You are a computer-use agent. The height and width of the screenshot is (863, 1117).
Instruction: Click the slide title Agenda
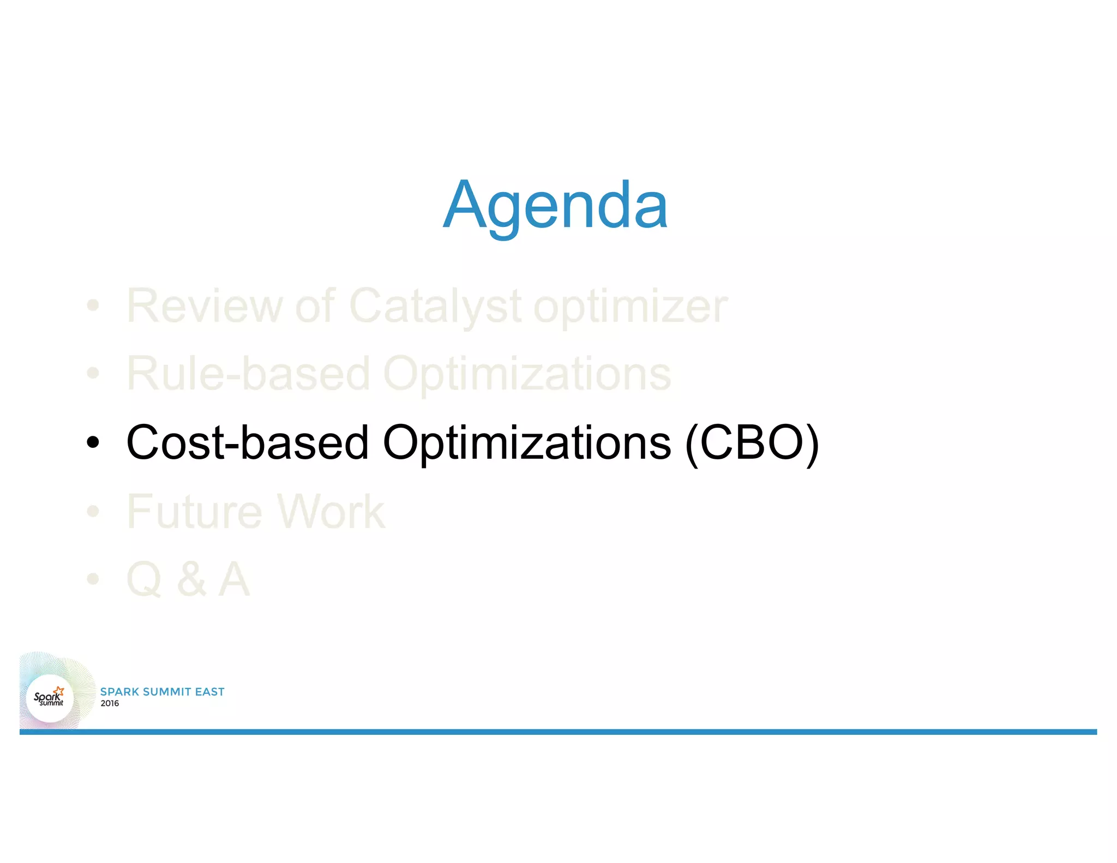(x=555, y=206)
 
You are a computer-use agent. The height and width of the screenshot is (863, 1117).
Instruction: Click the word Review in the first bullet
(x=204, y=306)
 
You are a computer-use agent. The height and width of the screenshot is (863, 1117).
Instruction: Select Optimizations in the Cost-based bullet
(x=527, y=444)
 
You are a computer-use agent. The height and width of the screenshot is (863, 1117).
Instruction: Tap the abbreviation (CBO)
(x=752, y=444)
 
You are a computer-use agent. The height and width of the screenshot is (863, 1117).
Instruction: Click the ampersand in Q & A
(x=191, y=579)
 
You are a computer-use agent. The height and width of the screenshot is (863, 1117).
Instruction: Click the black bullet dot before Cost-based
(x=93, y=442)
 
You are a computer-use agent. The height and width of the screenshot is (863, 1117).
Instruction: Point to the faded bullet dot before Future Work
(x=93, y=511)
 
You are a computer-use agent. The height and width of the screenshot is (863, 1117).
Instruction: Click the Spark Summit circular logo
(x=50, y=698)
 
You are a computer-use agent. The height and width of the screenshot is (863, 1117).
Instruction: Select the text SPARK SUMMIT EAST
(x=163, y=692)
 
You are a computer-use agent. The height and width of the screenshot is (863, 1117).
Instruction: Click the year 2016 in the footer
(x=110, y=704)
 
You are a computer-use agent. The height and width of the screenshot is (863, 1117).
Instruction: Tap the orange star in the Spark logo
(x=59, y=691)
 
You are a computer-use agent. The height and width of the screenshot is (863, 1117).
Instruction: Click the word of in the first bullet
(x=315, y=306)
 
